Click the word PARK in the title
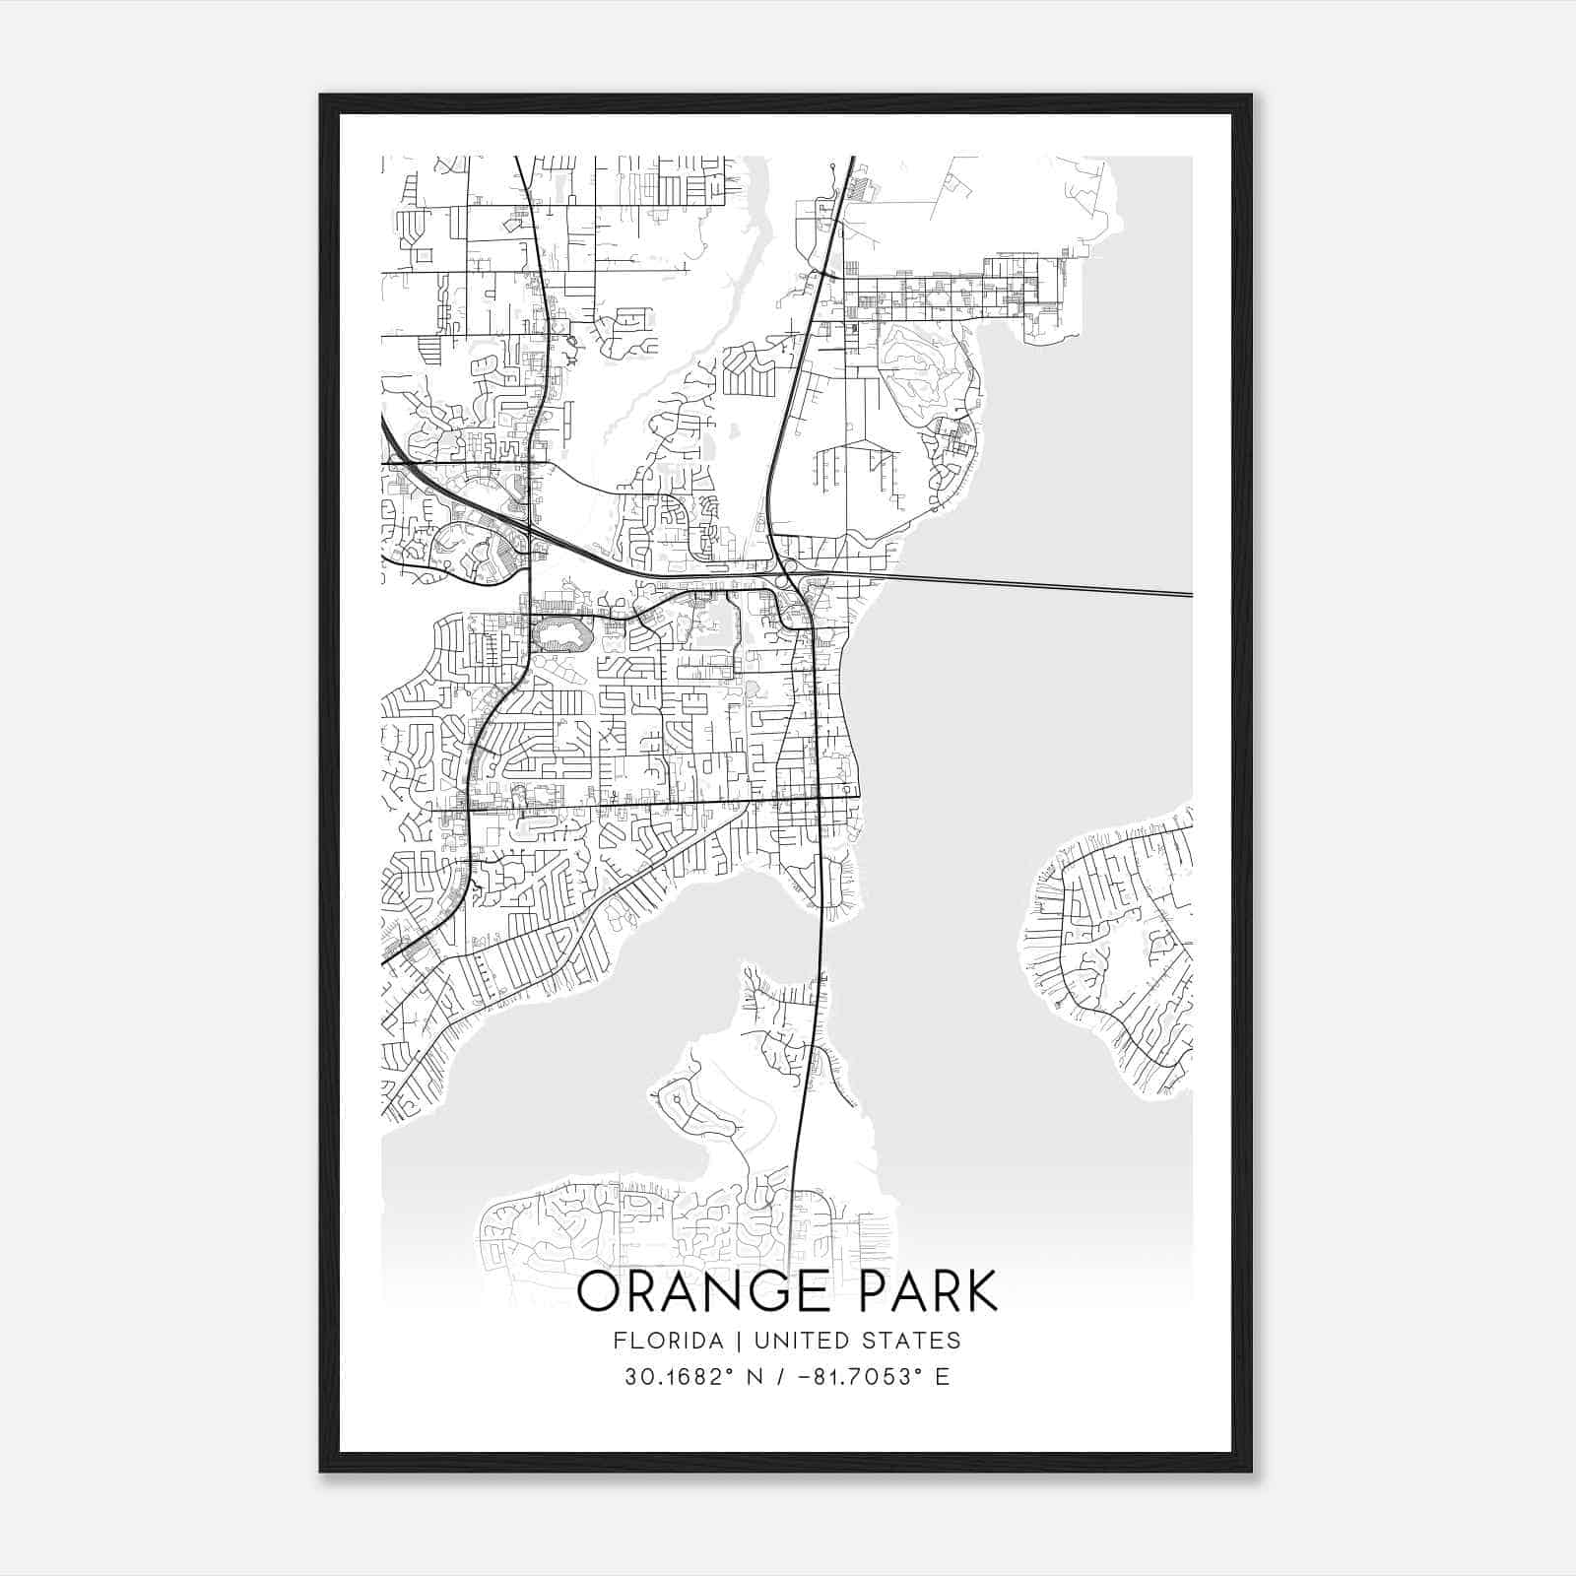(x=929, y=1291)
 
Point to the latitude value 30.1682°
(x=680, y=1376)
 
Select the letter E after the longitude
(x=943, y=1376)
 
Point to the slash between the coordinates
(x=780, y=1376)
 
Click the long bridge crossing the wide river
(x=1034, y=586)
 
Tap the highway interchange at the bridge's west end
(x=788, y=568)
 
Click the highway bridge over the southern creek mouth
(x=821, y=936)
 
